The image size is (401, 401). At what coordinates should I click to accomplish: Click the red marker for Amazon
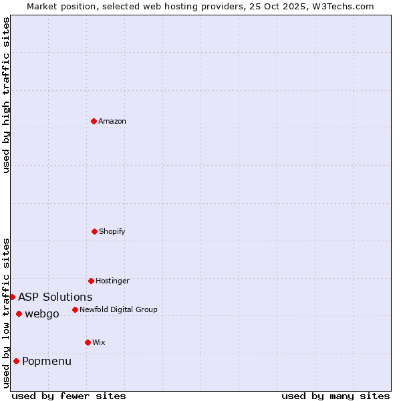click(94, 121)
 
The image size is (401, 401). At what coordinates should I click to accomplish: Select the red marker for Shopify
click(94, 231)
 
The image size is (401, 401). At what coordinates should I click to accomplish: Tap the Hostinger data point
click(91, 281)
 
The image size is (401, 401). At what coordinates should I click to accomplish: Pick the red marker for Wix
click(88, 342)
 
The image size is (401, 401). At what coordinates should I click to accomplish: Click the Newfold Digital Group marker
click(75, 309)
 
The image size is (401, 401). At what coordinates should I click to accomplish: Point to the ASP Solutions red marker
click(13, 297)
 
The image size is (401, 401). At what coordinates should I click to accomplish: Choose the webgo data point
click(19, 314)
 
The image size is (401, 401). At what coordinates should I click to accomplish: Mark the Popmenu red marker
click(16, 362)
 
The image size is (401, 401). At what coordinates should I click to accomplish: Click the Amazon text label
click(112, 121)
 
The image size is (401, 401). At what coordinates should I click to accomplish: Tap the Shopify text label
click(112, 231)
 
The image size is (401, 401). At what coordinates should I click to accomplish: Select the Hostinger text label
click(112, 281)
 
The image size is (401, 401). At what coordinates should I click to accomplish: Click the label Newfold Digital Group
click(118, 309)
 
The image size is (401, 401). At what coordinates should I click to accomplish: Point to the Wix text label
click(99, 342)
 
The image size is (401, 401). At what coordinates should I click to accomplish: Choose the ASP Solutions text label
click(55, 297)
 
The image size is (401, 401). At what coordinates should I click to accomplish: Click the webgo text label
click(42, 314)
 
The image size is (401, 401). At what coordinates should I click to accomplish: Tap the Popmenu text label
click(47, 362)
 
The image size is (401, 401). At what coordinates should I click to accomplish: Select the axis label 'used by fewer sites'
click(69, 396)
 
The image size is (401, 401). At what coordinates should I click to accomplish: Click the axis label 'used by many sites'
click(336, 396)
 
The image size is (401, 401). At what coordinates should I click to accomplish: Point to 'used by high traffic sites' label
click(6, 95)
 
